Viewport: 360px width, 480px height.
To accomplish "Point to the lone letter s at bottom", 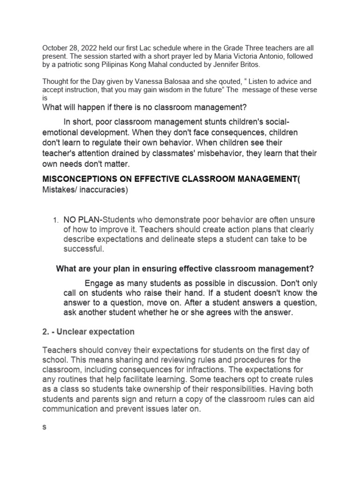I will pyautogui.click(x=45, y=427).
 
